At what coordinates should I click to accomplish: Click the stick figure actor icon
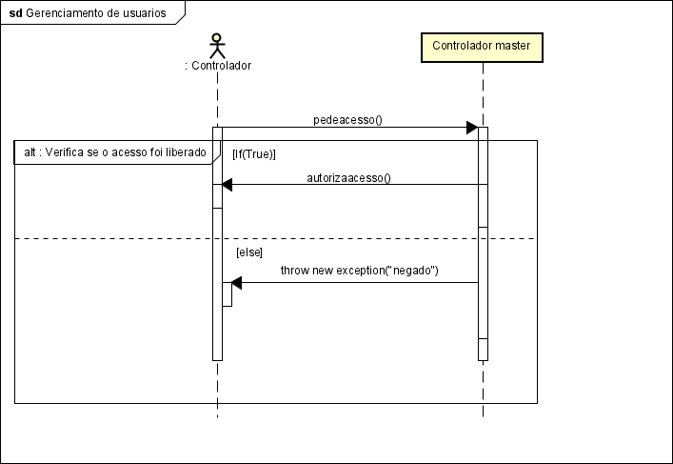coord(217,46)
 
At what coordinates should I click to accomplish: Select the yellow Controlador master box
coord(482,46)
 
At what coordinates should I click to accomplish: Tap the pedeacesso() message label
coord(346,120)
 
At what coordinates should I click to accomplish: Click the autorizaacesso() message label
coord(348,177)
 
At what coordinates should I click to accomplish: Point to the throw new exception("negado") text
coord(359,271)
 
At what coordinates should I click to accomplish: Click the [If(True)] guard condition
coord(254,153)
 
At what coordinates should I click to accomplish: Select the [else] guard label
coord(249,252)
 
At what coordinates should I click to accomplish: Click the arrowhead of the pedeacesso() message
coord(471,128)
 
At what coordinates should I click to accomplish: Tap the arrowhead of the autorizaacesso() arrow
coord(228,185)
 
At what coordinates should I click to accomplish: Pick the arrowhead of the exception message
coord(237,282)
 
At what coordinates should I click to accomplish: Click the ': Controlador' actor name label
coord(217,66)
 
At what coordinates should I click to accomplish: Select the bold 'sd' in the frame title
coord(15,13)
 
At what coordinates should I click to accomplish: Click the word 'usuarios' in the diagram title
coord(141,13)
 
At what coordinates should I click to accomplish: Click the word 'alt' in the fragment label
coord(30,151)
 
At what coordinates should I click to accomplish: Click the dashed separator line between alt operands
coord(114,238)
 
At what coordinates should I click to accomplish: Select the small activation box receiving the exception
coord(227,293)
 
